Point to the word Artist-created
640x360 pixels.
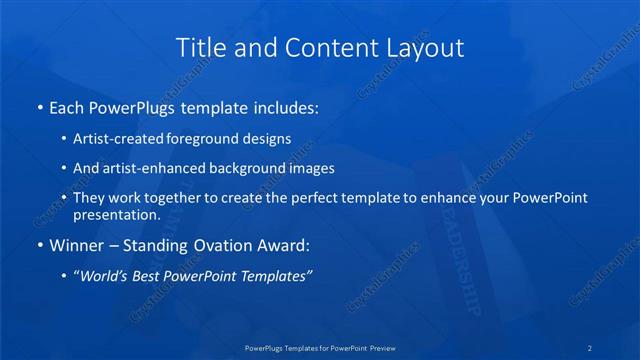pos(119,139)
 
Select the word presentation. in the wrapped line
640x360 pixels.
pos(117,215)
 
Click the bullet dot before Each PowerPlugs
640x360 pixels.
pos(38,107)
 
